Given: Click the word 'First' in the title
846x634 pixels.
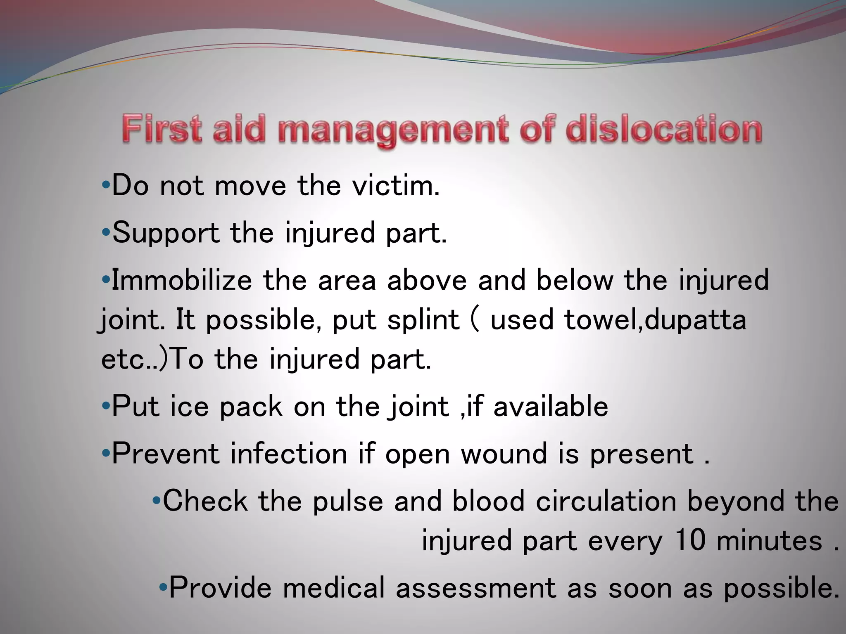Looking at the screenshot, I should coord(162,129).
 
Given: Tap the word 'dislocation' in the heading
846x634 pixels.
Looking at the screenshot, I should coord(664,129).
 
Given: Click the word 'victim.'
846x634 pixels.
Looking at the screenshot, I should coord(396,186).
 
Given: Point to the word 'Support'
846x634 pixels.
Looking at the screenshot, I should coord(166,233).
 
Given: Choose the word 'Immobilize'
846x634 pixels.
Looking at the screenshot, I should coord(182,280).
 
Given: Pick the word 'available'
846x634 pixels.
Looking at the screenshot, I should coord(551,407).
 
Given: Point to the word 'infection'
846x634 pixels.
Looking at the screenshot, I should coord(288,454).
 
